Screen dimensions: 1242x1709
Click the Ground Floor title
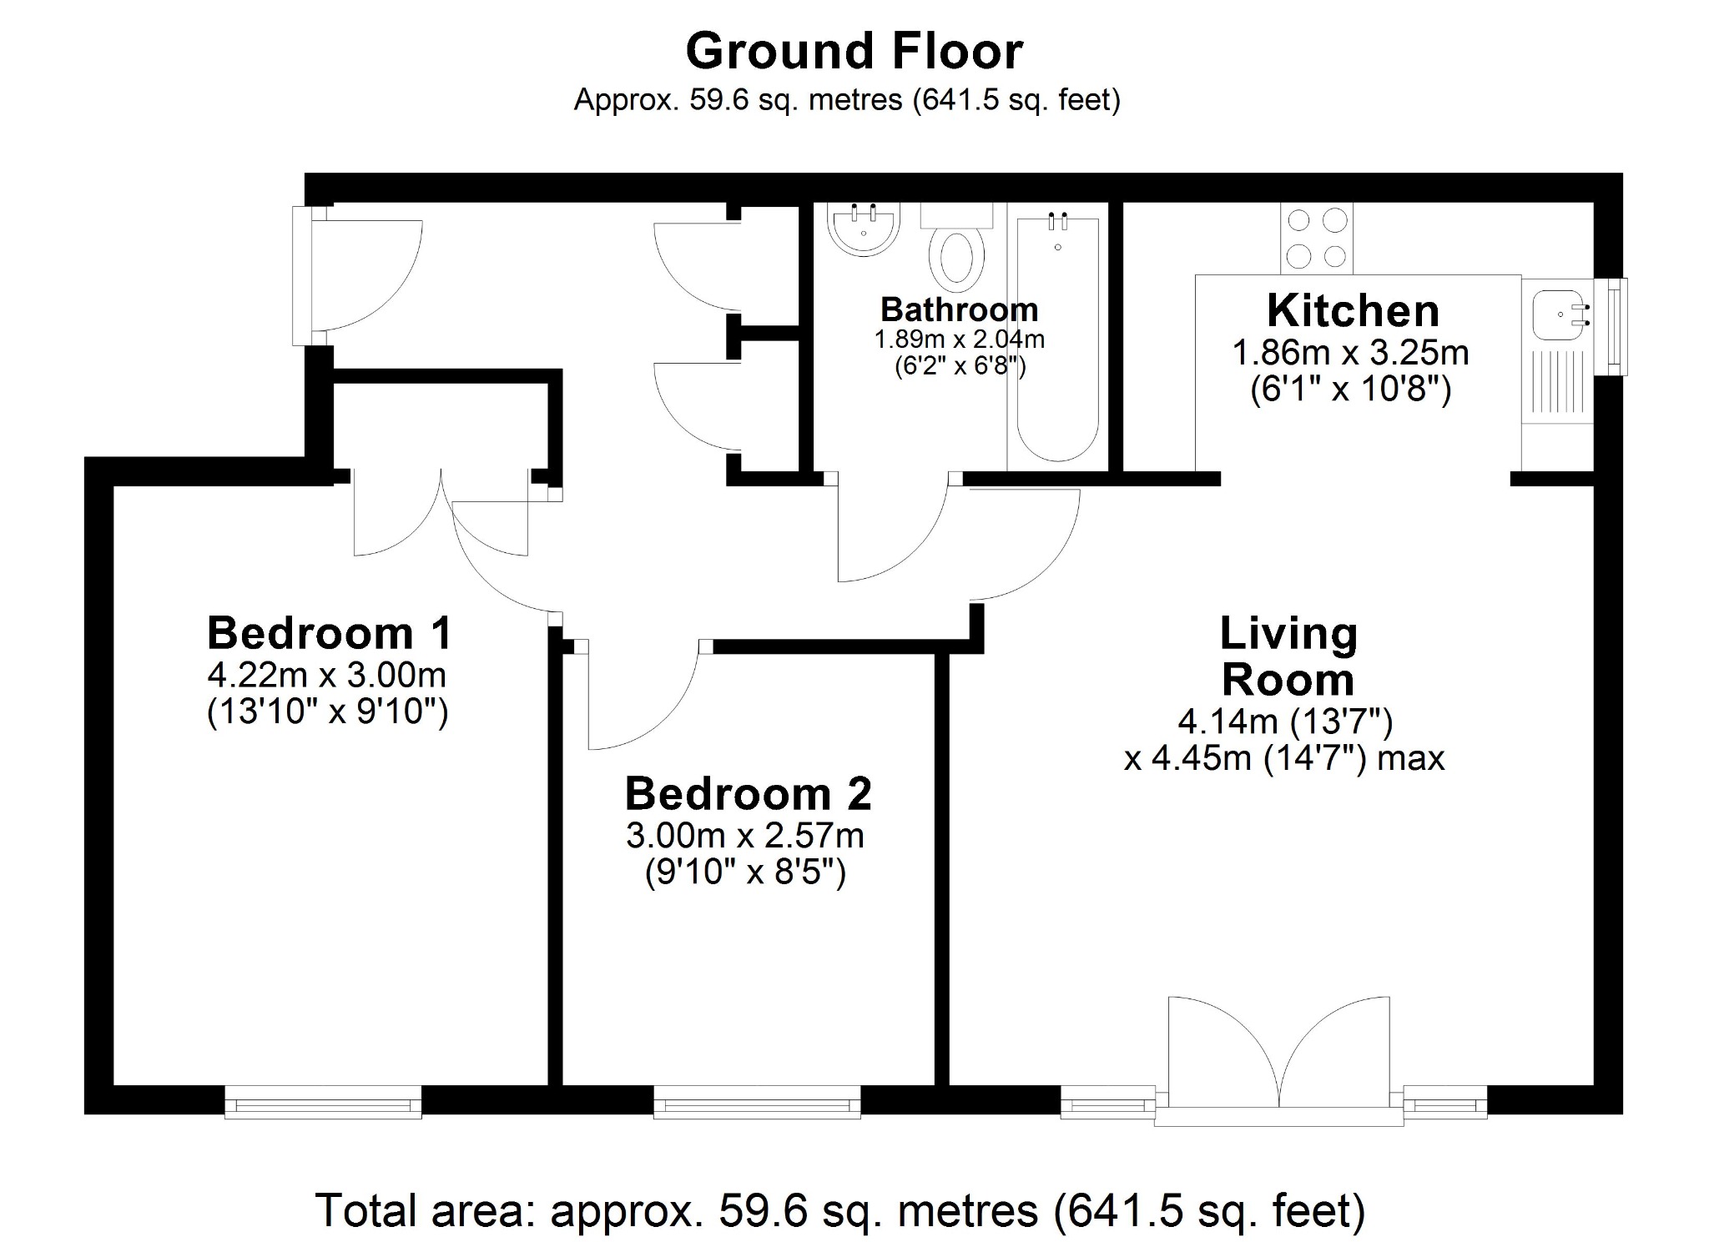(854, 52)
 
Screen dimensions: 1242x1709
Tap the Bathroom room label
(959, 310)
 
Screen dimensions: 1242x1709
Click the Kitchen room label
(1352, 311)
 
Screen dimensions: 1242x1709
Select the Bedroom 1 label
(329, 633)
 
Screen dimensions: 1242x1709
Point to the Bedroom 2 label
(748, 793)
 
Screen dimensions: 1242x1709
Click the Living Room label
(1288, 656)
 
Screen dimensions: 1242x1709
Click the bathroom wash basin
(864, 229)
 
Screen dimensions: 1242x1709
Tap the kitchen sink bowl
(1556, 317)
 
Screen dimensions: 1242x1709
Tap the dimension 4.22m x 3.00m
(326, 674)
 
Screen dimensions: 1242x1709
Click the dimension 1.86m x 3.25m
(1350, 353)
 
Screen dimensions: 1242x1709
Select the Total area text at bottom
(839, 1210)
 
